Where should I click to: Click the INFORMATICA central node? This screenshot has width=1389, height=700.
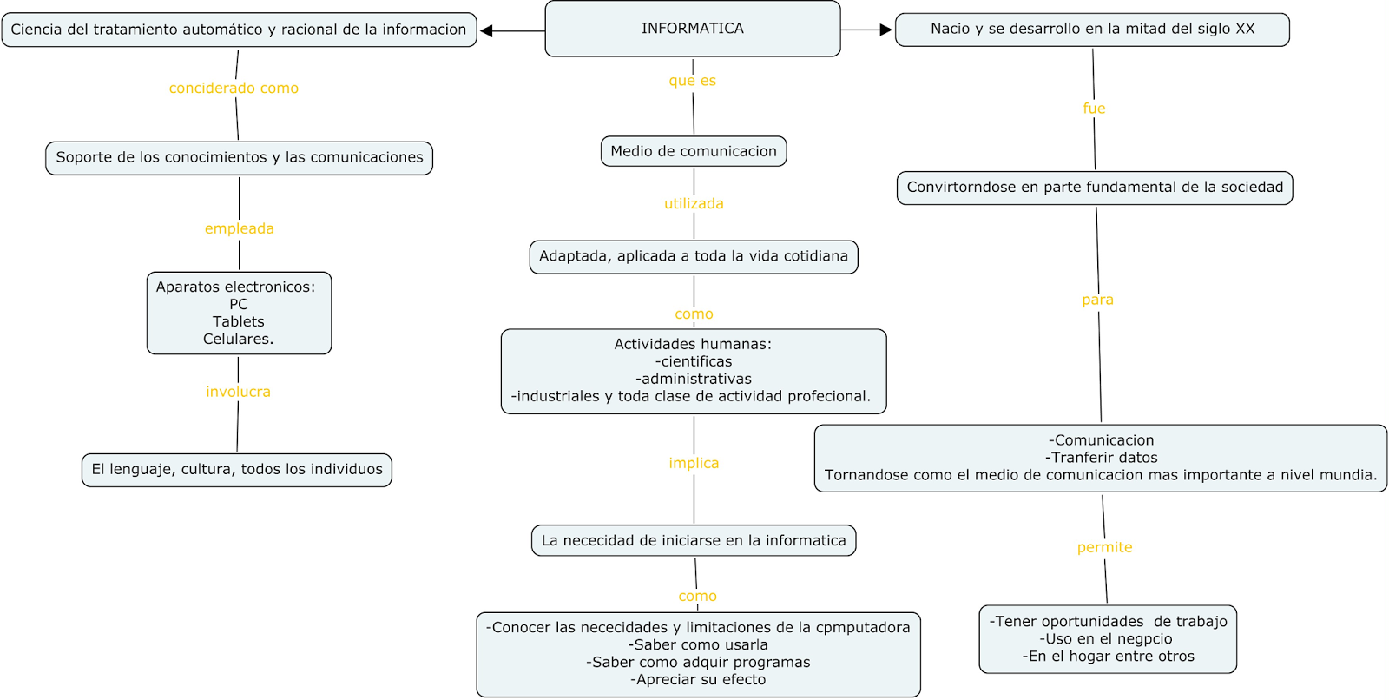(x=692, y=29)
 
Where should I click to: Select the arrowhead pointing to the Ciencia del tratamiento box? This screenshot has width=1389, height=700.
(x=487, y=31)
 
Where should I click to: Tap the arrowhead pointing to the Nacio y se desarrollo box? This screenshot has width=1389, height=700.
(x=885, y=30)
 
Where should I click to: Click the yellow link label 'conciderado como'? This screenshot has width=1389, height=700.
(x=234, y=89)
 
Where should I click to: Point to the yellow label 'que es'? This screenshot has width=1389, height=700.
(x=692, y=81)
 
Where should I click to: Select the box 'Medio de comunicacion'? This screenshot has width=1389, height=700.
(x=694, y=151)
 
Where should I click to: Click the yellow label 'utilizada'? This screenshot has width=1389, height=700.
(x=694, y=204)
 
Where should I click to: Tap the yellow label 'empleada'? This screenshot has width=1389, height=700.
(x=239, y=229)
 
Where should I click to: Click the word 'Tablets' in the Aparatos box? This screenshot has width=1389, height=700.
(x=239, y=321)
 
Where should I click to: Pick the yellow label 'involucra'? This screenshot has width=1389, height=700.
(x=238, y=392)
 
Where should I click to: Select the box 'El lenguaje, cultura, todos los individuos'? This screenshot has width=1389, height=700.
(x=237, y=470)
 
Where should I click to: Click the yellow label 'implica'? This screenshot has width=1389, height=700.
(x=694, y=464)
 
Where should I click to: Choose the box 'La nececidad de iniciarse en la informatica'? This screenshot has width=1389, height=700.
(x=694, y=540)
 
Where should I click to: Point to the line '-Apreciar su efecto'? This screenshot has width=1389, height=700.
(x=698, y=680)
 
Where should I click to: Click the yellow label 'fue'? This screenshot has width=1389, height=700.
(x=1094, y=109)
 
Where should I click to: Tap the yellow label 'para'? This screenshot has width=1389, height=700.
(x=1097, y=300)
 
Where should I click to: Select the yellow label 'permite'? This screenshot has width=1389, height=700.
(x=1104, y=548)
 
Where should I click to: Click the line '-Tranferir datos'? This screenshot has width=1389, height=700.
(x=1101, y=458)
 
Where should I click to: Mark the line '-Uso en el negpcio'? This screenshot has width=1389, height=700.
(x=1108, y=639)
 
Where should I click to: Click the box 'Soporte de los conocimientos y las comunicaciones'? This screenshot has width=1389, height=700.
(x=240, y=158)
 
